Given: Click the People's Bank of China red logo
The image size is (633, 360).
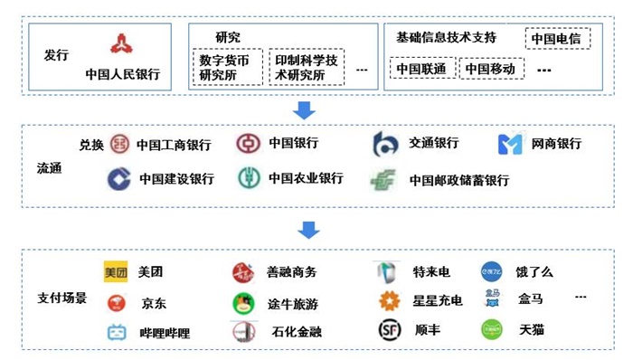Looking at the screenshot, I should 122,43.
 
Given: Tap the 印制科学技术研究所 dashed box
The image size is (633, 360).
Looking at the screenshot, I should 307,67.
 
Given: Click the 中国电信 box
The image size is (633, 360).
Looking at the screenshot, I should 557,39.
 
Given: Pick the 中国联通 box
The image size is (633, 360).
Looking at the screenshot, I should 421,69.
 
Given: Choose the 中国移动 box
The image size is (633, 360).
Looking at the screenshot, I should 493,69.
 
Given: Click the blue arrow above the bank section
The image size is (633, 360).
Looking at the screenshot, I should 305,110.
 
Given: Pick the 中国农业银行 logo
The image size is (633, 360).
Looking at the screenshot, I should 249,178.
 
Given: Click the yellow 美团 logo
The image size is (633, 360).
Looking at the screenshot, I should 117,271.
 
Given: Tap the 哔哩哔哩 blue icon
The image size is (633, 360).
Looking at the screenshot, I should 117,332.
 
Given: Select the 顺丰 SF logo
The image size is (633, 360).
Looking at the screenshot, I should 389,331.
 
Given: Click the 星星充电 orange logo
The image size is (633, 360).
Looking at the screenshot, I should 389,301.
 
